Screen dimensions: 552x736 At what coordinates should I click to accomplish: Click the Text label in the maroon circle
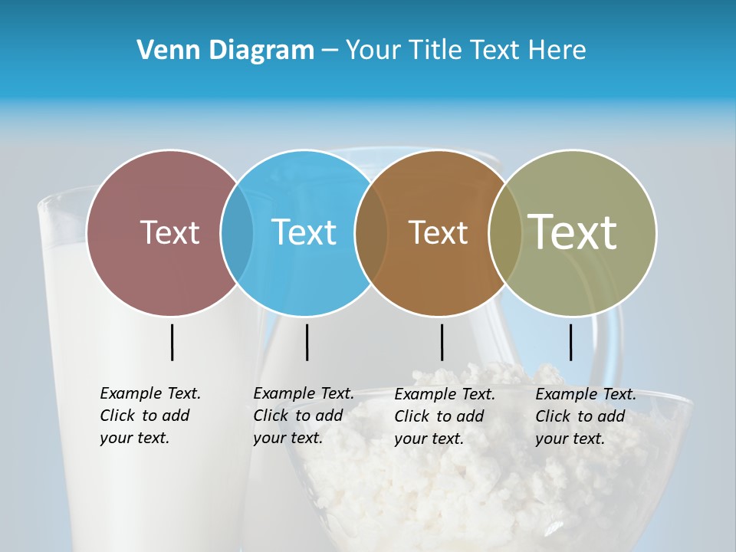(169, 232)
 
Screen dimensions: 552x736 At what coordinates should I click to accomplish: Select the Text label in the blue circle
(304, 232)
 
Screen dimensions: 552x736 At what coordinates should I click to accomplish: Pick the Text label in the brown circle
(438, 232)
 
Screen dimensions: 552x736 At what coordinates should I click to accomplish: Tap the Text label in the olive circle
(573, 232)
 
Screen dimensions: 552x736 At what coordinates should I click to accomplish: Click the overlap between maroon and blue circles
(237, 233)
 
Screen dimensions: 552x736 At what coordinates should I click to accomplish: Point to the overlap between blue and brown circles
(371, 233)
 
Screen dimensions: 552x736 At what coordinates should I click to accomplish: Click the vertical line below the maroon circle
(172, 342)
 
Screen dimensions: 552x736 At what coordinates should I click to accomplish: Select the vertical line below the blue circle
(307, 342)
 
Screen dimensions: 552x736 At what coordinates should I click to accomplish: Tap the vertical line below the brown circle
(442, 342)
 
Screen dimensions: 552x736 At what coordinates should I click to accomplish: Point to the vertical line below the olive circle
(571, 342)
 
